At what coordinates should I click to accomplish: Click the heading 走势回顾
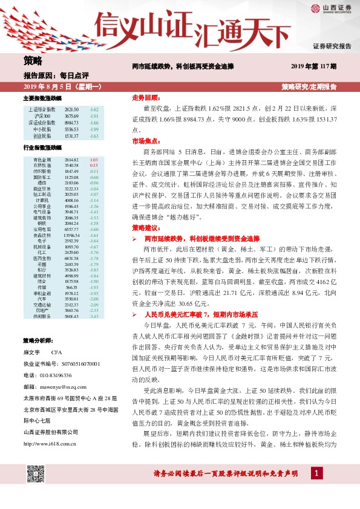point(145,97)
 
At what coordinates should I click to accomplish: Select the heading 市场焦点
point(145,140)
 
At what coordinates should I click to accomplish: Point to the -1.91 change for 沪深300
point(94,115)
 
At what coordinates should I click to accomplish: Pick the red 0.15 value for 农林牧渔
point(94,165)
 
